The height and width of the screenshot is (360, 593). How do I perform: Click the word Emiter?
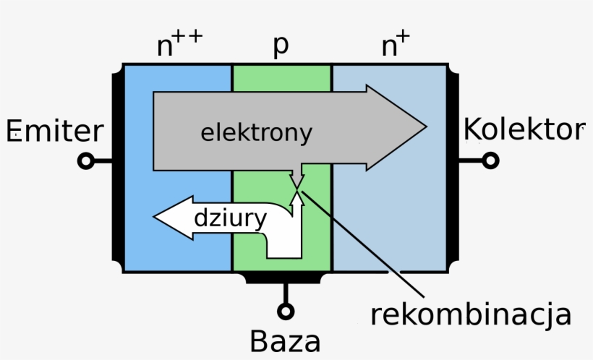click(x=55, y=132)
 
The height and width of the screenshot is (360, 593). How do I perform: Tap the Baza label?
click(x=285, y=340)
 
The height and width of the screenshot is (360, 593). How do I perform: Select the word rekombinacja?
click(x=471, y=314)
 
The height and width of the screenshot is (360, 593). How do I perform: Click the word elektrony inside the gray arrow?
click(x=257, y=133)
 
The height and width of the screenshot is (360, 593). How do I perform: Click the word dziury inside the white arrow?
click(x=231, y=218)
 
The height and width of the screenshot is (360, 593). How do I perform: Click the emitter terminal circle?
click(x=86, y=162)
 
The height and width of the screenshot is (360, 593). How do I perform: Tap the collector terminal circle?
click(x=490, y=160)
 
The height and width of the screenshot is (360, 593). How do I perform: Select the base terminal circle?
click(x=286, y=311)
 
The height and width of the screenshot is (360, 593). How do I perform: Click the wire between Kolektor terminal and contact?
click(x=472, y=160)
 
